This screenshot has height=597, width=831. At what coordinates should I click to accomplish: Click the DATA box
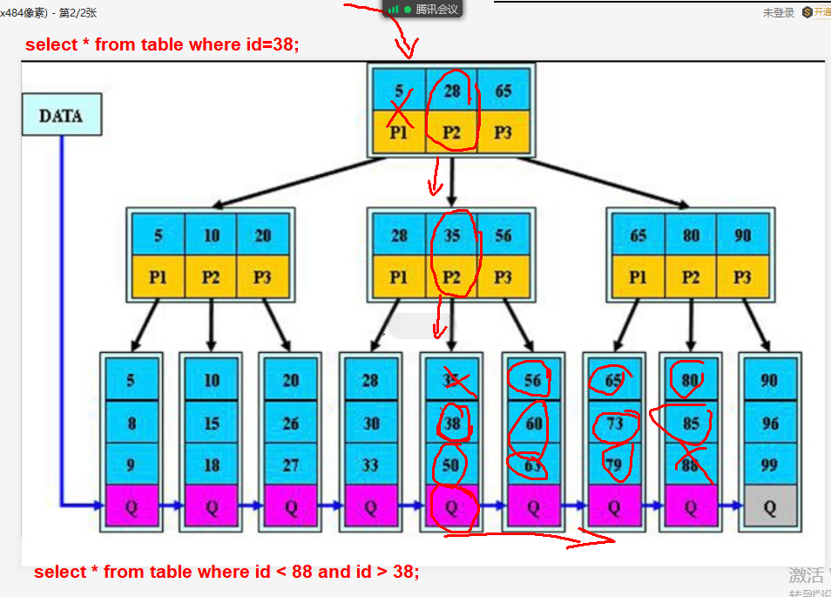pos(61,116)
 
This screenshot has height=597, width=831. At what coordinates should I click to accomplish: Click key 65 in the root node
pos(503,91)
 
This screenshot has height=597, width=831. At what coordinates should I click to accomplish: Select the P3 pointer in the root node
pos(503,132)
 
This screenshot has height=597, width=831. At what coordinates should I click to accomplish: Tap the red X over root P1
pos(399,114)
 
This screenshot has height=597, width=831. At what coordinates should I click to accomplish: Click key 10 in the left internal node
pos(211,235)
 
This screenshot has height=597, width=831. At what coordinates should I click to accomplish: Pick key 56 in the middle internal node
pos(503,235)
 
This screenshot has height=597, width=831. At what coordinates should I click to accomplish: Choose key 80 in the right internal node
pos(691,235)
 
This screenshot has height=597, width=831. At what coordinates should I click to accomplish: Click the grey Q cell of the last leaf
pos(769,507)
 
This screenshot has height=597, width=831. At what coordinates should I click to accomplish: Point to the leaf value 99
pos(769,465)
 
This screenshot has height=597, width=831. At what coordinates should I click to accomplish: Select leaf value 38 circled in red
pos(450,423)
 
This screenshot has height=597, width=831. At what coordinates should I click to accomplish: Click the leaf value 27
pos(291,465)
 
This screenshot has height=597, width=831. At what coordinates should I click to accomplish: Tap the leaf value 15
pos(212,423)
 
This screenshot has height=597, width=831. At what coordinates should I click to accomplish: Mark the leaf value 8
pos(132,423)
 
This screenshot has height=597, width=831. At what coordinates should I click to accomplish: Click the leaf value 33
pos(370,465)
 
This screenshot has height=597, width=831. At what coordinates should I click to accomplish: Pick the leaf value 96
pos(769,423)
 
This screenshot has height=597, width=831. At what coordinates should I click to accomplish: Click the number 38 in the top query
pos(281,44)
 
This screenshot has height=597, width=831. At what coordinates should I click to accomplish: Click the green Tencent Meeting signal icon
pos(393,9)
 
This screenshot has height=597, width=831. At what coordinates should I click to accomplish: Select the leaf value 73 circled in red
pos(614,423)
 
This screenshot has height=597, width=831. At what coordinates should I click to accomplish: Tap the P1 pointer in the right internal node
pos(638,277)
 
